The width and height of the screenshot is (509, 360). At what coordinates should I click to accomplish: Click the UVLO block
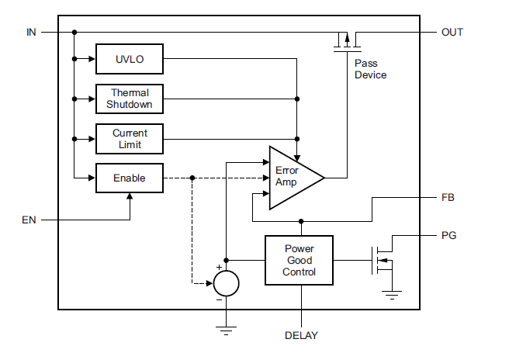tap(129, 58)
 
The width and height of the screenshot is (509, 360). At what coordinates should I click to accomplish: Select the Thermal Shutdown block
tap(129, 99)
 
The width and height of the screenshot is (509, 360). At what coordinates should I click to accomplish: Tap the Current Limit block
tap(129, 139)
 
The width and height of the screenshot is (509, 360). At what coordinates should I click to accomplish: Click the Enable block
tap(129, 178)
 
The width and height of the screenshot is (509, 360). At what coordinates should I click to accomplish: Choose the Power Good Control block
tap(299, 261)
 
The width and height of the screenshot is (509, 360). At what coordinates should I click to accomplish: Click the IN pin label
tap(31, 33)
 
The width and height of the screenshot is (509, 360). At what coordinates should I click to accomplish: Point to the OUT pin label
tap(452, 33)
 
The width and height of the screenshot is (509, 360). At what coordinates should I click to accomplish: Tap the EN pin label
tap(29, 220)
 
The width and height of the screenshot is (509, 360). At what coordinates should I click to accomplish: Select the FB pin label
tap(448, 197)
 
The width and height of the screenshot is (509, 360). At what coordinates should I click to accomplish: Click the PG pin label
tap(448, 234)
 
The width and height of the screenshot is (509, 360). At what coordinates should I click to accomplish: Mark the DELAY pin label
tap(301, 336)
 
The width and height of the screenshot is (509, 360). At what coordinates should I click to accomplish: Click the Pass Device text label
tap(370, 69)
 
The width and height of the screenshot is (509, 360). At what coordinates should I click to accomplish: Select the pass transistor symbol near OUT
tap(344, 40)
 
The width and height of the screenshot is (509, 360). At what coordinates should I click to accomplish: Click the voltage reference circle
tap(226, 282)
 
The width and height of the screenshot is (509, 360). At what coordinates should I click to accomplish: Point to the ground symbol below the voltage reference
tap(226, 330)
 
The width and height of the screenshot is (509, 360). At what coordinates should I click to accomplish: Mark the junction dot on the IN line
tap(74, 33)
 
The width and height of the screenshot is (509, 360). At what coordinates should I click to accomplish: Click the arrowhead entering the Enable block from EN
tap(129, 196)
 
